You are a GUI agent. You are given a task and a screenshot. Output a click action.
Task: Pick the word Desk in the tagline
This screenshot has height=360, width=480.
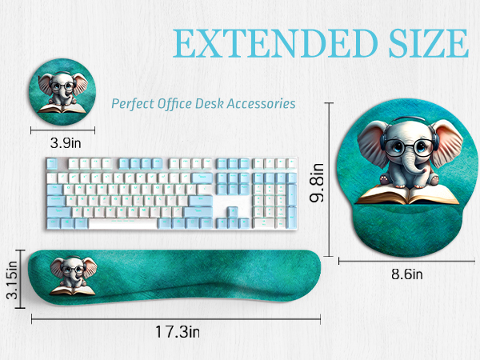coord(214,104)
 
